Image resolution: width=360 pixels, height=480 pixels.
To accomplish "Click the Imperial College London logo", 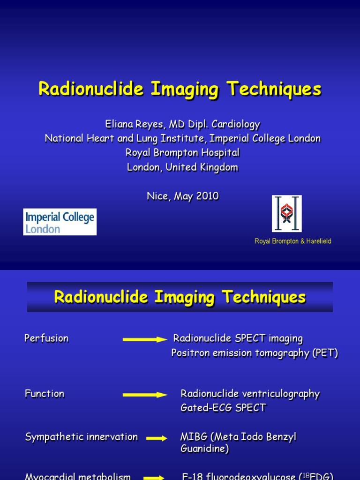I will coord(60,222).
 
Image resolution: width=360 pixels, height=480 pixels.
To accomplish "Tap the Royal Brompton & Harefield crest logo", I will coord(286,214).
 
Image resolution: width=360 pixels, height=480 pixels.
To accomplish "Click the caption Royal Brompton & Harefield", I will coord(292,241).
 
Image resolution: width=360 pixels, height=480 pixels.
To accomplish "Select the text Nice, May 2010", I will coord(182,196).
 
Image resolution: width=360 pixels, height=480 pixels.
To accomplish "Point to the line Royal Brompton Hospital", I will coord(182,152).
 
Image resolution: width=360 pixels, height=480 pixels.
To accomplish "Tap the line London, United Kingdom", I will coord(182,167).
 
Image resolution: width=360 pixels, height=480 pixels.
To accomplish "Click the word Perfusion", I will coord(46,338).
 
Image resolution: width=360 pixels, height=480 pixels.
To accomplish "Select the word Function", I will coord(45,394).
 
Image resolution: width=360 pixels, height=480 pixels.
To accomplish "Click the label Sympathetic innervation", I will coord(81,437).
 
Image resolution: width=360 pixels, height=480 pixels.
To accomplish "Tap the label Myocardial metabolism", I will coord(78,476).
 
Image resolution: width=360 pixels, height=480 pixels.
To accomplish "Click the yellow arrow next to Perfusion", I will coord(145,339).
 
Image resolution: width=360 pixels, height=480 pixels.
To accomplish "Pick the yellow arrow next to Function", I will coord(145,395).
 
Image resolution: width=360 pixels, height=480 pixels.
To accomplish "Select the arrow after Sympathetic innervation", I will coord(157,438).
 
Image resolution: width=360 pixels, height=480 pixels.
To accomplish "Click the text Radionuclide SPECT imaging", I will coord(238,338).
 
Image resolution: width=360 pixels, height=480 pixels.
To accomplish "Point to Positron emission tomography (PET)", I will coord(255,353).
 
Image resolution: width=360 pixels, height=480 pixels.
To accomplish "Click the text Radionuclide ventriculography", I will coord(250,394).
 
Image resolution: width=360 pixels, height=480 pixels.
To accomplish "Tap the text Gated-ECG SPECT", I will coord(223,408).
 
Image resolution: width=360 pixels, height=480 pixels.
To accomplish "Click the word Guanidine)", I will coord(204,449).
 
